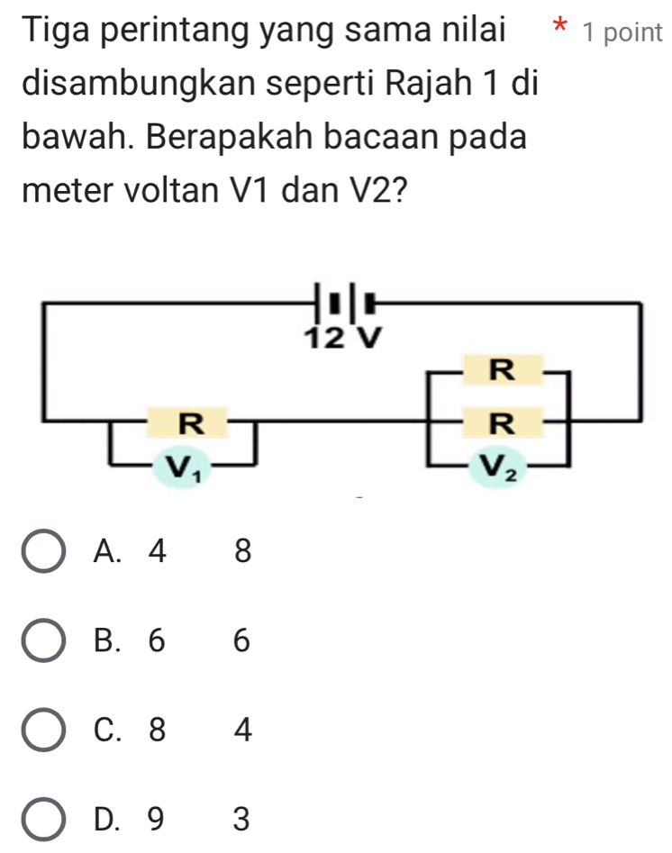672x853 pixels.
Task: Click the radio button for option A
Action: point(43,550)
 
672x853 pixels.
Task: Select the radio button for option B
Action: point(43,640)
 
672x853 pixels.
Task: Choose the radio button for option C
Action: point(43,730)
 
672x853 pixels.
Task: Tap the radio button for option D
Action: point(43,820)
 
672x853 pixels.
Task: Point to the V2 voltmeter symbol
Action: point(498,467)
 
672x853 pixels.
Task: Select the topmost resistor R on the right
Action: point(503,370)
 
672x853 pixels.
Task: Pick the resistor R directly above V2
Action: point(503,422)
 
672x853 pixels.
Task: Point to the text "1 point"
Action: point(622,32)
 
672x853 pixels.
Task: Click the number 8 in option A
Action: point(242,550)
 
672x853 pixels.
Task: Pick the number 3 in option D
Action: point(241,820)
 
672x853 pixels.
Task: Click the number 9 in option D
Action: point(156,820)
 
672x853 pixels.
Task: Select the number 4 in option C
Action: point(242,730)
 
